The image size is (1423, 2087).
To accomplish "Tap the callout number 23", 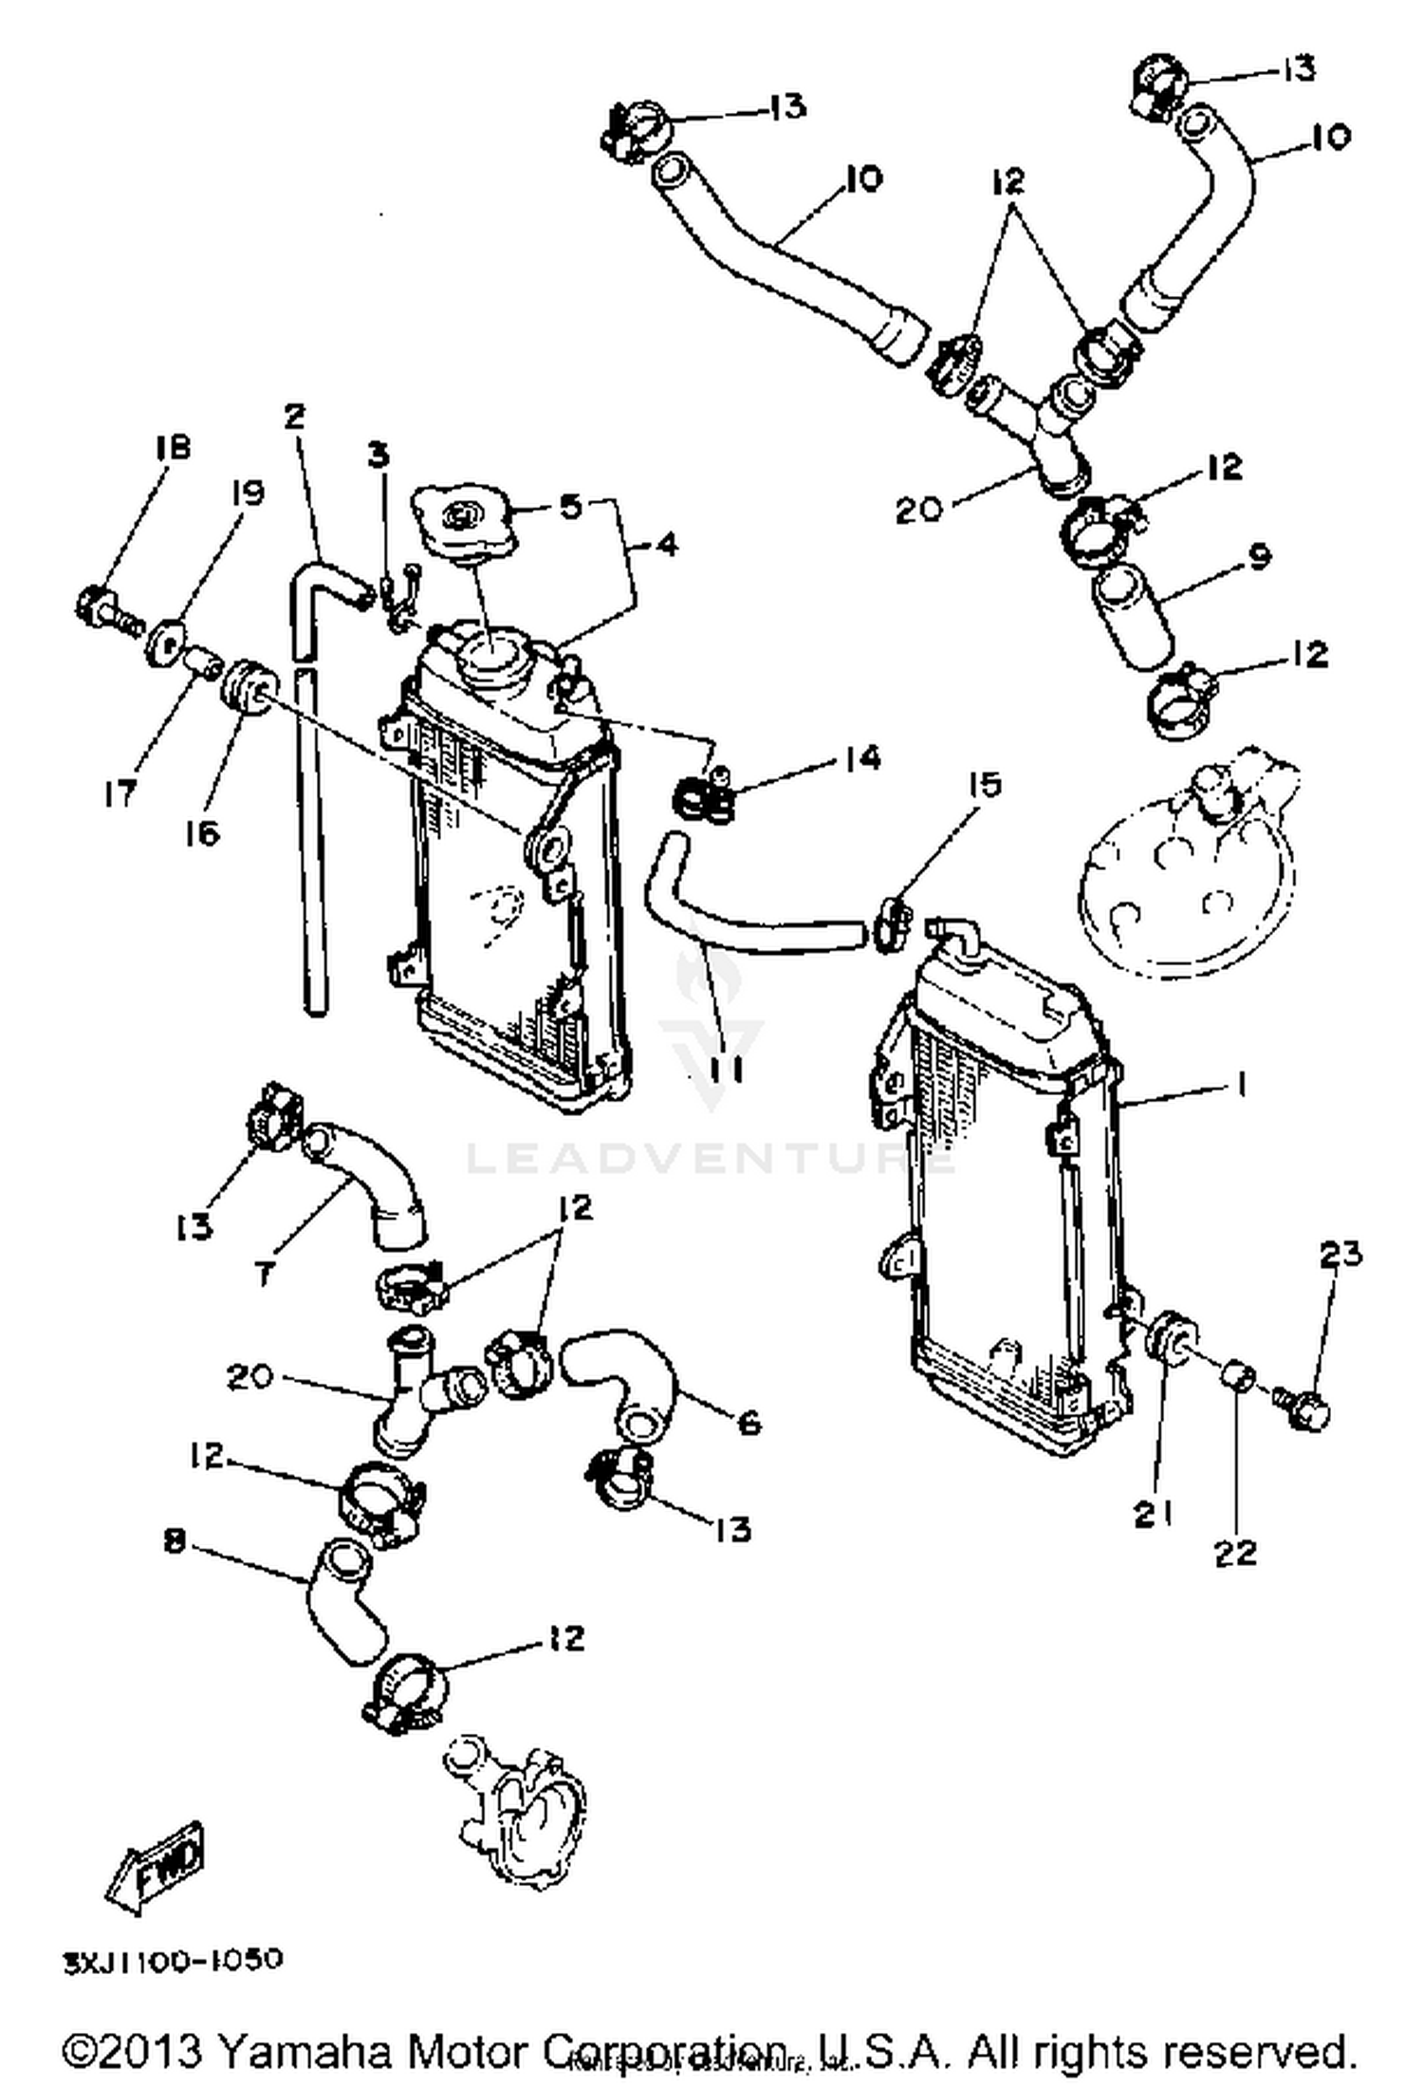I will click(1340, 1255).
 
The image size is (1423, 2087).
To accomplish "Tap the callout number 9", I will click(1259, 558).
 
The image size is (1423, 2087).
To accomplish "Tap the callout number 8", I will click(174, 1542).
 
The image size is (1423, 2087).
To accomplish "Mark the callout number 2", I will click(296, 416).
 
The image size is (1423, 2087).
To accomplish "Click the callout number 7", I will click(265, 1275).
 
